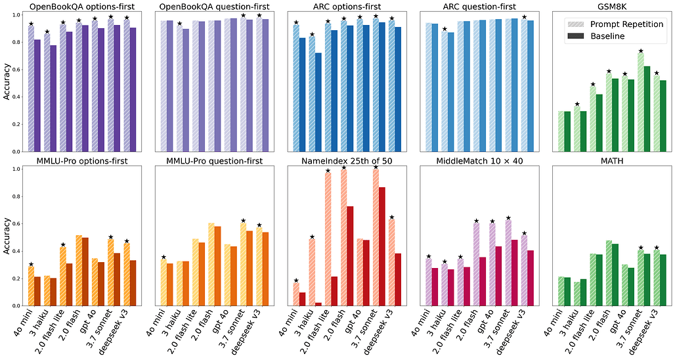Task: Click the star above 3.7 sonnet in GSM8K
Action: pyautogui.click(x=640, y=51)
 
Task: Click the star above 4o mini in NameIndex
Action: pyautogui.click(x=296, y=281)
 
